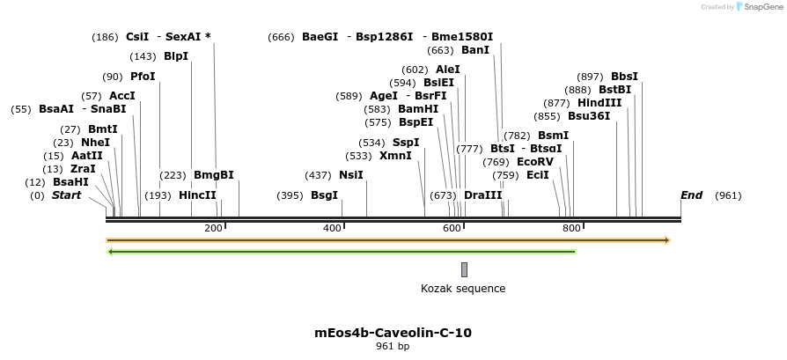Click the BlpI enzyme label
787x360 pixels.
176,56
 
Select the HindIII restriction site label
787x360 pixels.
599,103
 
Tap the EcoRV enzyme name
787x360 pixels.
535,162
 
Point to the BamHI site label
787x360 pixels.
418,109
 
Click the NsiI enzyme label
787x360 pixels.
351,175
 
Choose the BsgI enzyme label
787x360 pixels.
324,195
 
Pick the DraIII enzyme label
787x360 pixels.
482,195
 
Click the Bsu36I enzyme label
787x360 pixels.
589,116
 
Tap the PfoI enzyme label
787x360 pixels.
143,77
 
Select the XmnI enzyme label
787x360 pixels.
395,156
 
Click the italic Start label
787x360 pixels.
66,195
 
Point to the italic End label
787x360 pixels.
691,195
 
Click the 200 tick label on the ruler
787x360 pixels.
213,229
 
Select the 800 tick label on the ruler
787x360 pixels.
570,229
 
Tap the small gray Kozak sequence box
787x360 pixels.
464,269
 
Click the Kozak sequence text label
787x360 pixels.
463,288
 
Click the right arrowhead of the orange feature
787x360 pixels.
667,239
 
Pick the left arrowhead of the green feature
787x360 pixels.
110,252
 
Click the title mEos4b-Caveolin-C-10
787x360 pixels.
393,333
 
